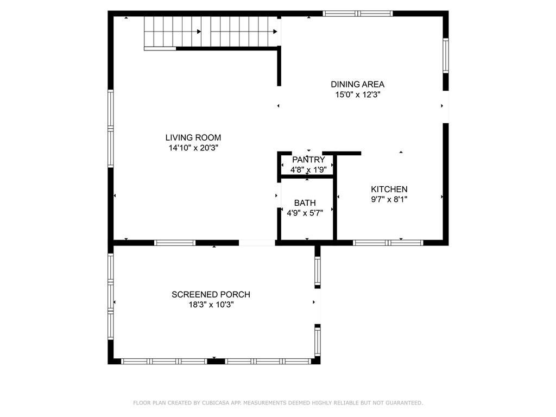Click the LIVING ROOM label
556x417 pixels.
point(193,137)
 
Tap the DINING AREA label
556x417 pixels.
point(357,84)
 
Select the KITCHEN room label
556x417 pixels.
point(389,189)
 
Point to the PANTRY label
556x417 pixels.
point(308,160)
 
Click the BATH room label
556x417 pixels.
point(305,203)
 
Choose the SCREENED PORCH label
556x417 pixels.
point(211,294)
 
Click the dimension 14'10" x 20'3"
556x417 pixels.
point(193,148)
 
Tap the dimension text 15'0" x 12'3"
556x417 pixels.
point(358,94)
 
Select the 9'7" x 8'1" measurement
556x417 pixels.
point(389,199)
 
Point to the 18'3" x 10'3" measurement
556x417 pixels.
point(211,305)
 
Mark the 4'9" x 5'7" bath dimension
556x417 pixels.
point(305,213)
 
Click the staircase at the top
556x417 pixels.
point(211,32)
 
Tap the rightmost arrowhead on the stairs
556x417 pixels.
point(275,31)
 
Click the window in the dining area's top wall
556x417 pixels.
point(358,14)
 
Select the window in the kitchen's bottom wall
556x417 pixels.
point(388,243)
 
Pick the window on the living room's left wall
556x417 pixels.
point(111,128)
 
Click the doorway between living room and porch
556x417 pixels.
point(257,243)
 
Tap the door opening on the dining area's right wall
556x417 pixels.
point(446,107)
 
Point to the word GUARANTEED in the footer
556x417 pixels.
point(404,403)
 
